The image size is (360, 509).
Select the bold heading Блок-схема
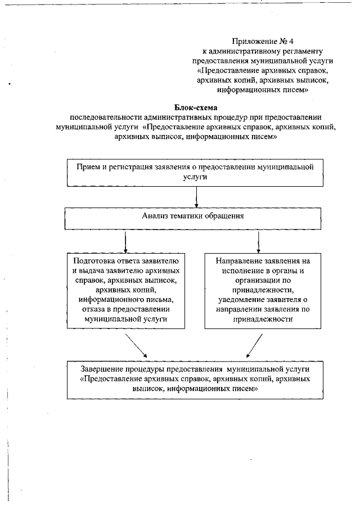195,107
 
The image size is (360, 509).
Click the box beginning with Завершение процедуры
195,379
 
